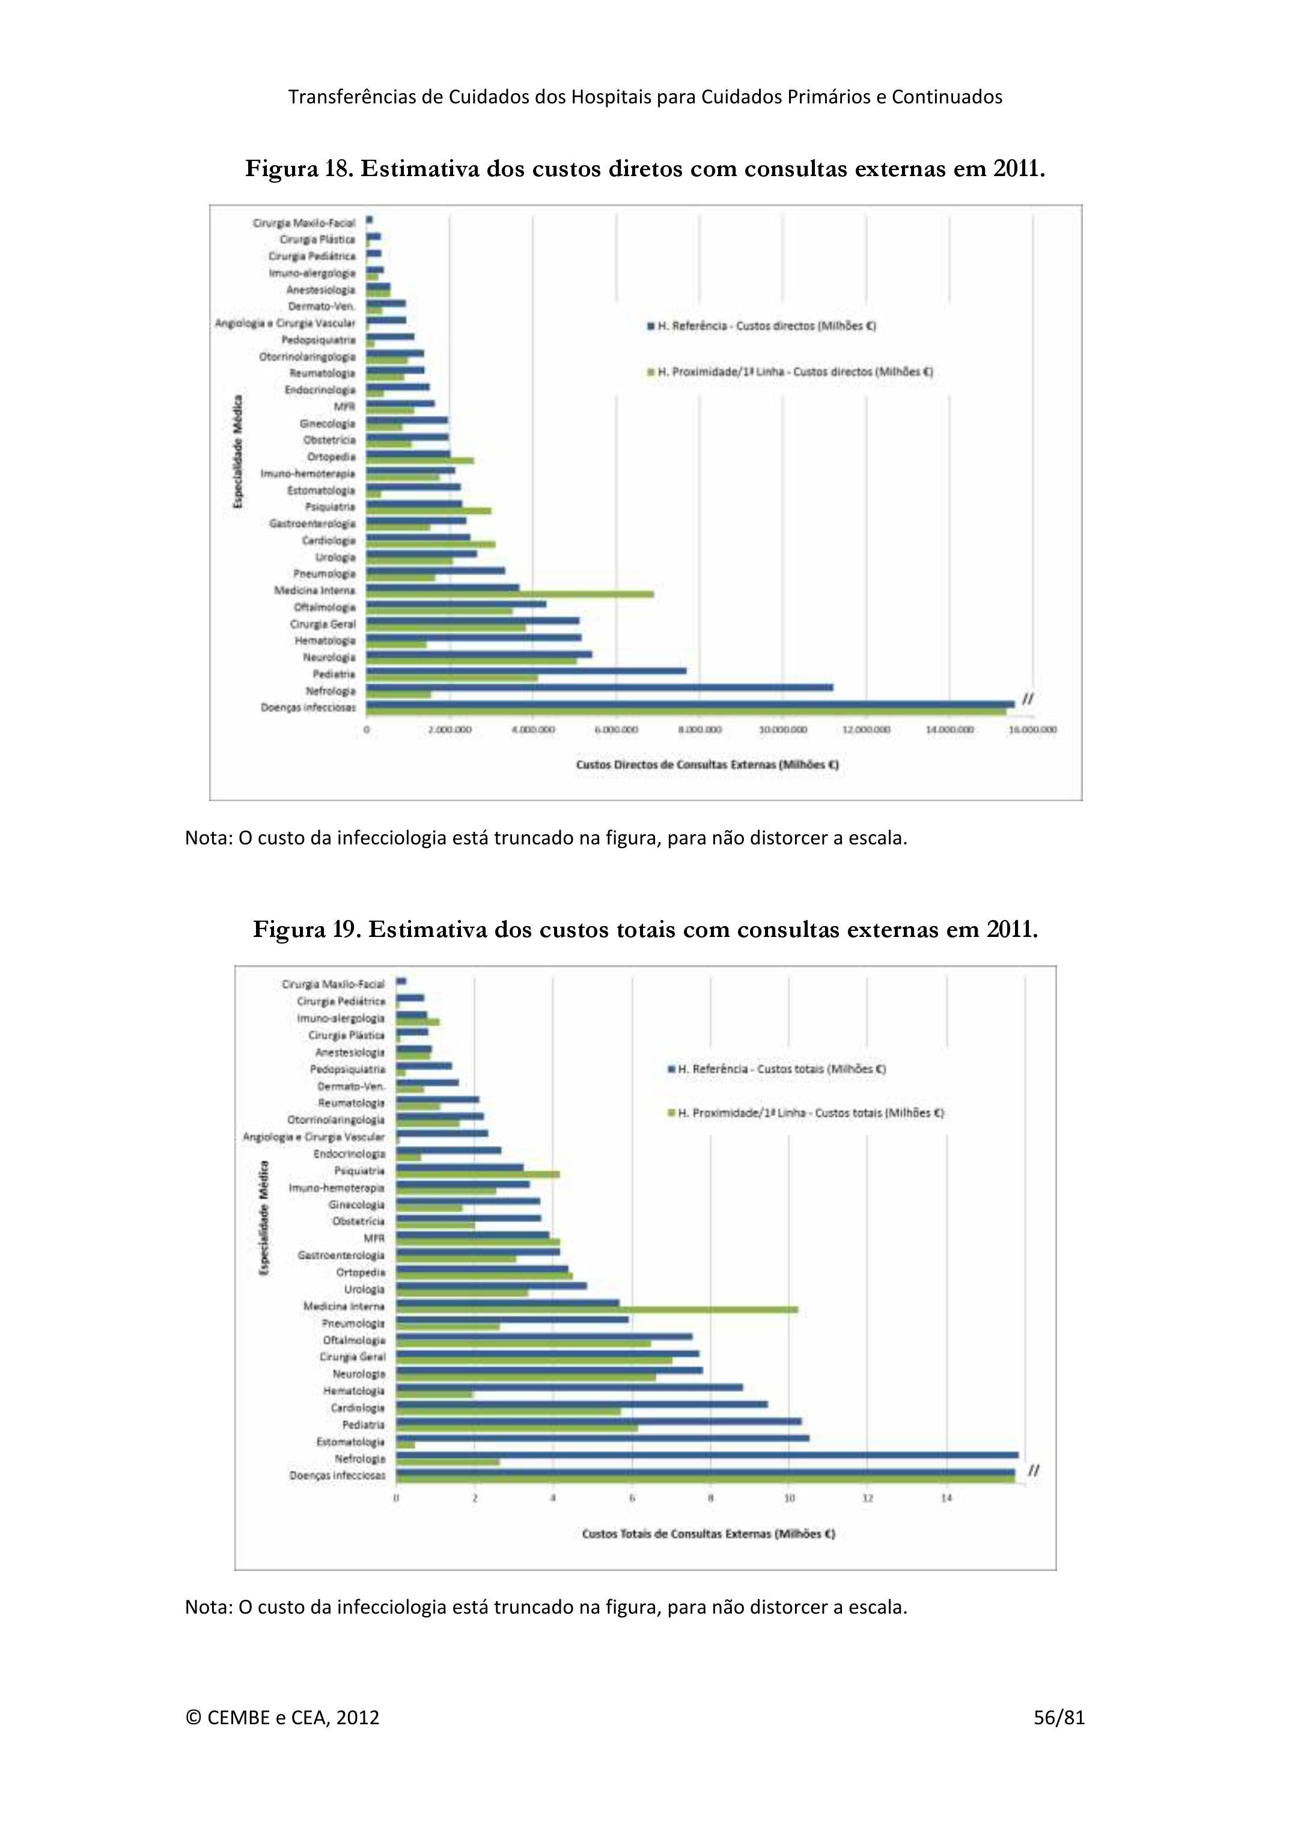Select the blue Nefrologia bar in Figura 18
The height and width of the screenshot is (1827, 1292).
click(599, 687)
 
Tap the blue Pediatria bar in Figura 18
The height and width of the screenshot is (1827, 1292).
click(526, 670)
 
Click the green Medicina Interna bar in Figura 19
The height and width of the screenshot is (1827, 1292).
click(597, 1310)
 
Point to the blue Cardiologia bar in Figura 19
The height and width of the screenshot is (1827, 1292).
click(582, 1405)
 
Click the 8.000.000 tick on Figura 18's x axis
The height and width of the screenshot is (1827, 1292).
click(700, 729)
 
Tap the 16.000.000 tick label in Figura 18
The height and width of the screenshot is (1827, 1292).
click(1032, 729)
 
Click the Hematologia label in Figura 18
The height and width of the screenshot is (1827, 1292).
click(325, 641)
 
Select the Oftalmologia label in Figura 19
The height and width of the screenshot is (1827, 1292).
click(354, 1340)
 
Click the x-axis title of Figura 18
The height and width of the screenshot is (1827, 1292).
click(707, 764)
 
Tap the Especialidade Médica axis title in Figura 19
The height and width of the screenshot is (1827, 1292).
click(265, 1218)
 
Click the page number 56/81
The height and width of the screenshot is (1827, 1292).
click(1059, 1717)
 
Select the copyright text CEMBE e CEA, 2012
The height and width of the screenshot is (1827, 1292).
click(282, 1717)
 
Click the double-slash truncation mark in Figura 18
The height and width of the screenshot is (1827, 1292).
click(1027, 699)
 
